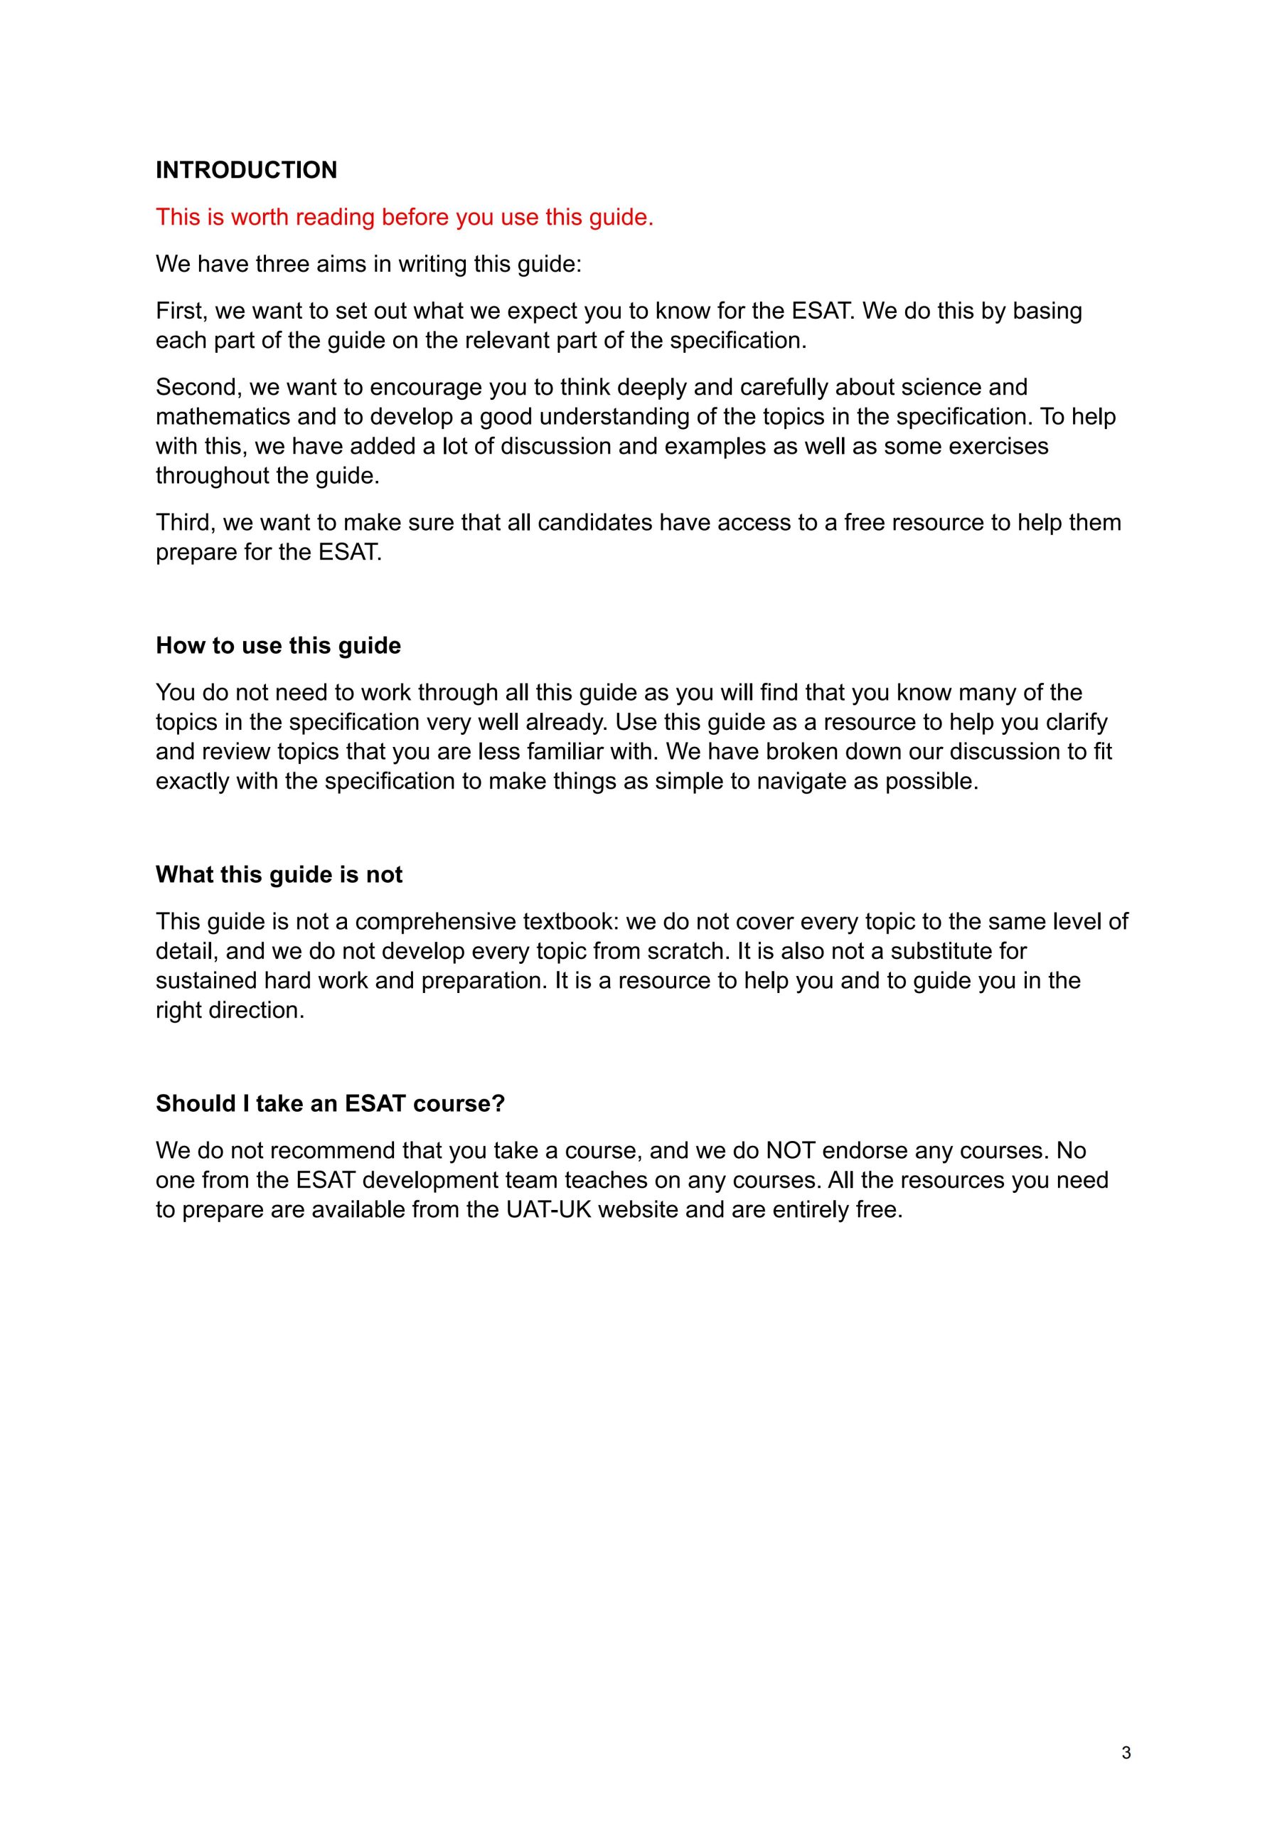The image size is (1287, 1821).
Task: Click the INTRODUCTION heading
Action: [246, 170]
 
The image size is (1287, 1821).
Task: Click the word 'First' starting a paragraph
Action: [180, 310]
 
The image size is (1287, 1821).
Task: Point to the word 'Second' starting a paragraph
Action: [198, 387]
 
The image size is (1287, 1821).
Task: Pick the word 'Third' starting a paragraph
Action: [185, 523]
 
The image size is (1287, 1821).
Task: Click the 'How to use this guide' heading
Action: [278, 646]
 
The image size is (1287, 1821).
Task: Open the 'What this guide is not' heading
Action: [279, 875]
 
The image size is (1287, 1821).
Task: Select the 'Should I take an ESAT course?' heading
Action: [330, 1103]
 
